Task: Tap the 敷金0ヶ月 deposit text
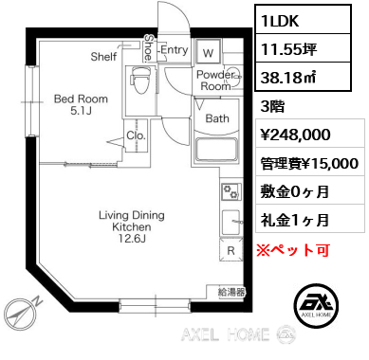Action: point(295,192)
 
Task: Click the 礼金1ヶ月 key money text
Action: point(295,221)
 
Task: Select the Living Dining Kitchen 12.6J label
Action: point(132,227)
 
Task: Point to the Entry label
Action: point(174,49)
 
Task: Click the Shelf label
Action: point(103,56)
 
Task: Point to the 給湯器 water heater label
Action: point(231,293)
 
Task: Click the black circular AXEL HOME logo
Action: point(319,303)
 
